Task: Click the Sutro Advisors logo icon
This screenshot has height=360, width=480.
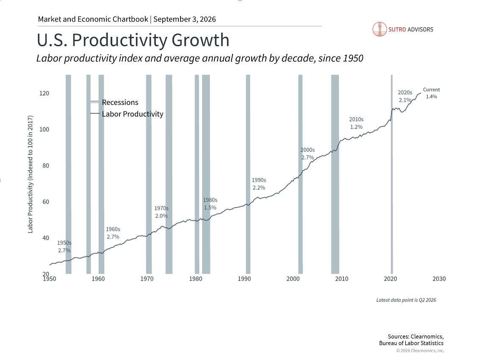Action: click(x=380, y=29)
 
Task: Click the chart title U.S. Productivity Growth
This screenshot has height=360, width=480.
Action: click(x=133, y=40)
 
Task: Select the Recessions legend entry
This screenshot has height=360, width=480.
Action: click(x=114, y=102)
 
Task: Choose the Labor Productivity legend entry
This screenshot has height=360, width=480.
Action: click(x=127, y=114)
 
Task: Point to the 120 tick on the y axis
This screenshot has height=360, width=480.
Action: click(x=44, y=93)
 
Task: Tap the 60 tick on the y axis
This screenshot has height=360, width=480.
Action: click(x=46, y=201)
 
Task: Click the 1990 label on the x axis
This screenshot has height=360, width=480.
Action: click(x=244, y=279)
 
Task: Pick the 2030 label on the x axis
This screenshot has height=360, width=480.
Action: click(x=439, y=279)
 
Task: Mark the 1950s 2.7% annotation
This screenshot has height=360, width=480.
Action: click(x=64, y=247)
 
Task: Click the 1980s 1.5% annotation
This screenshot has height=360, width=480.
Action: click(x=210, y=204)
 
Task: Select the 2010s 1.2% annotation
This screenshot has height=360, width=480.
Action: click(x=356, y=123)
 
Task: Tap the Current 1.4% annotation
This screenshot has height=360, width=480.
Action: click(x=431, y=93)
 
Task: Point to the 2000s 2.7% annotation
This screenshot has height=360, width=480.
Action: click(x=308, y=153)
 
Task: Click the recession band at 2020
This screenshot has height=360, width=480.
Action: click(x=392, y=174)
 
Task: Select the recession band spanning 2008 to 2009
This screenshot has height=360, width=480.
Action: click(x=335, y=174)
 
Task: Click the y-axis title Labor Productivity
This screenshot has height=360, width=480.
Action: click(x=31, y=174)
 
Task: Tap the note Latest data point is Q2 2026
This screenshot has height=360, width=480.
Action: click(x=406, y=300)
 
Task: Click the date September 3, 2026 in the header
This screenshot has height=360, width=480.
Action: click(x=185, y=20)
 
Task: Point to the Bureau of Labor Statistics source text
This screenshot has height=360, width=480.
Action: click(x=411, y=343)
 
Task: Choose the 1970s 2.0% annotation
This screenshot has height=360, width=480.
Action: click(x=161, y=212)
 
